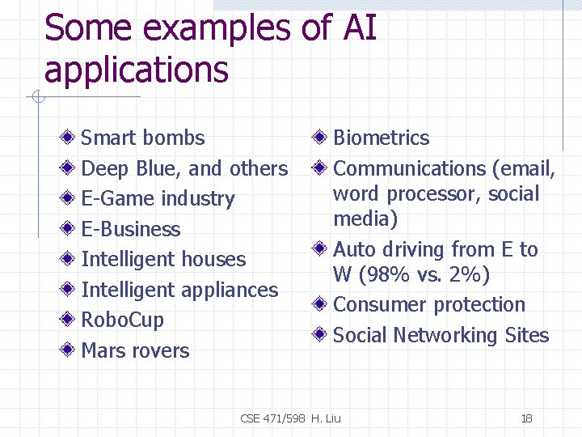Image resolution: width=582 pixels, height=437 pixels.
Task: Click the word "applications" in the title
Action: coord(137,70)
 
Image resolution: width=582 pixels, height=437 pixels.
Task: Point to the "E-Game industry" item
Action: coord(158,199)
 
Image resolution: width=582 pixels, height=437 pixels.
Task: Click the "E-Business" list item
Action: coord(131,229)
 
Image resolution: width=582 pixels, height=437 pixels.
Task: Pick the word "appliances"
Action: coord(229,290)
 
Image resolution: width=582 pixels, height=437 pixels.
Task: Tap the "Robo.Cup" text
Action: coord(122,320)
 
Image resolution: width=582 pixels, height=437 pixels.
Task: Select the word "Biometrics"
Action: coord(381,138)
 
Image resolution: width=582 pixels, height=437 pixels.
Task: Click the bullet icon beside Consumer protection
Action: coord(322,305)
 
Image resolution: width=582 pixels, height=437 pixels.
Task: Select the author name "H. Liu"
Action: coord(327,418)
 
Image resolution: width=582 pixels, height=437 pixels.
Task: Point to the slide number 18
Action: coord(526,418)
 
